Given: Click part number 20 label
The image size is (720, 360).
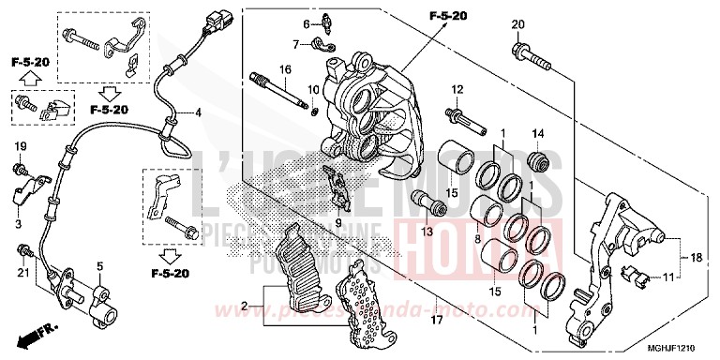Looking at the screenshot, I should pyautogui.click(x=517, y=23).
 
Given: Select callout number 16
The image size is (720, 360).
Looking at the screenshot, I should pyautogui.click(x=285, y=69).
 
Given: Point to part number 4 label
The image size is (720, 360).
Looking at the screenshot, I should pyautogui.click(x=199, y=113).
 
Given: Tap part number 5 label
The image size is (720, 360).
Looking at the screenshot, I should pyautogui.click(x=97, y=266).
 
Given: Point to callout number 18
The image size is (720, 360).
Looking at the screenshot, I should pyautogui.click(x=697, y=256).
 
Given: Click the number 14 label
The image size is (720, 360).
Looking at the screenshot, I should pyautogui.click(x=538, y=132).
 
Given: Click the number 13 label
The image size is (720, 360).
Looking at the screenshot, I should pyautogui.click(x=427, y=232).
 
